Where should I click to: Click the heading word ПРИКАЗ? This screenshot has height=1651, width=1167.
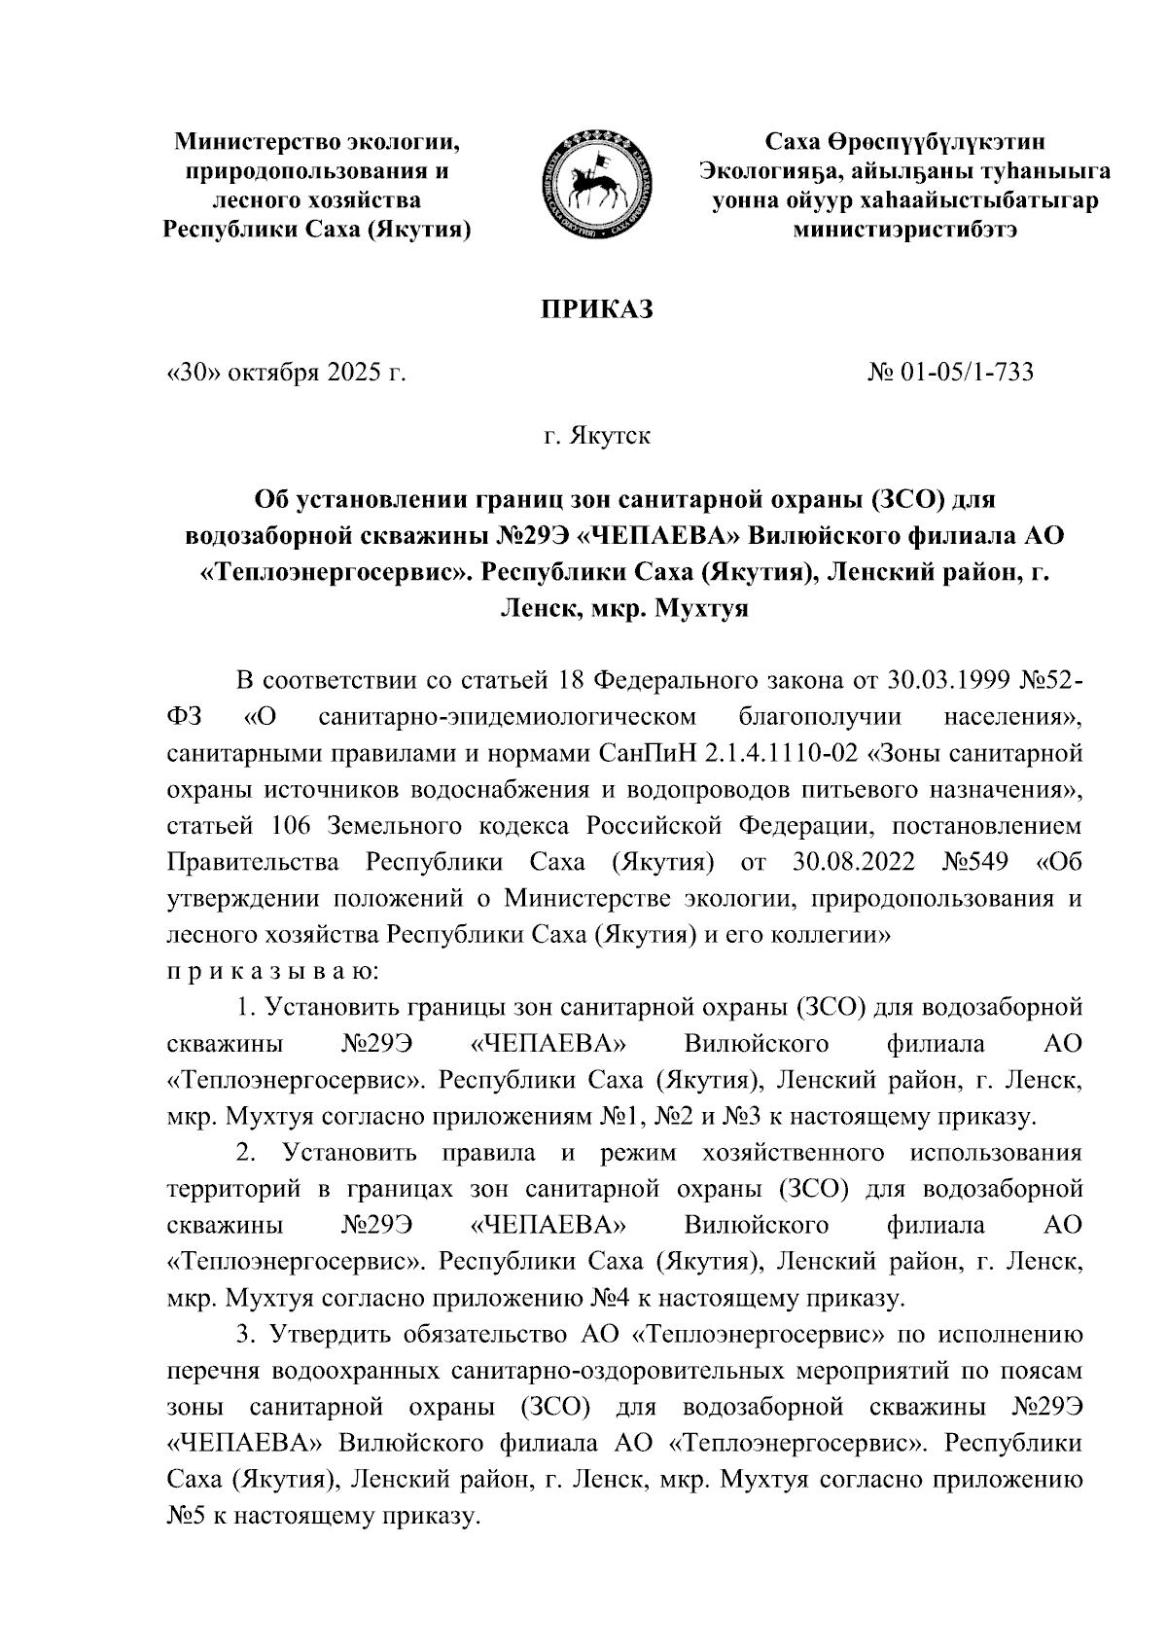[595, 309]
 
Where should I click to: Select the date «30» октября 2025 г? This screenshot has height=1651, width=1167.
[286, 372]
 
